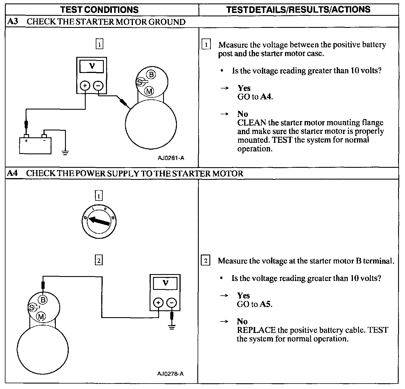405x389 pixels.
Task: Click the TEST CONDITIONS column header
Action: [x=100, y=9]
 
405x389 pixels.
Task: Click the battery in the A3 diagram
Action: [x=35, y=145]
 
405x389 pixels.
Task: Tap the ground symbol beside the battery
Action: [x=66, y=152]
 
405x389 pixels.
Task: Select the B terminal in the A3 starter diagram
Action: [x=151, y=75]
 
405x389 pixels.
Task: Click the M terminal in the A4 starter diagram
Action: [x=41, y=317]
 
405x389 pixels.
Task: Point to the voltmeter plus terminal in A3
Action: [x=85, y=86]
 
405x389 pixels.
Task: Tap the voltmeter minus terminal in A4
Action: [x=172, y=303]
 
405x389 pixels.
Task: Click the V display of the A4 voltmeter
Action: [x=165, y=283]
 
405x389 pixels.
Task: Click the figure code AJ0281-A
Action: [x=171, y=158]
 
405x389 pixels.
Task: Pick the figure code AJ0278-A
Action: [x=170, y=373]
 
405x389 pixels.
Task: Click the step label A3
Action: [x=12, y=22]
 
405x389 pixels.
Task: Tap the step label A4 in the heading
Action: [x=12, y=173]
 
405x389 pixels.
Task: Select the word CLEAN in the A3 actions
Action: [x=252, y=123]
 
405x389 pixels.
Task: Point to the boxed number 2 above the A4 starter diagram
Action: [x=99, y=261]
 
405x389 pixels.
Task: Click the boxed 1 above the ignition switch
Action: [x=99, y=196]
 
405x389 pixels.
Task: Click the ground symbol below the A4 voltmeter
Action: [x=172, y=327]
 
